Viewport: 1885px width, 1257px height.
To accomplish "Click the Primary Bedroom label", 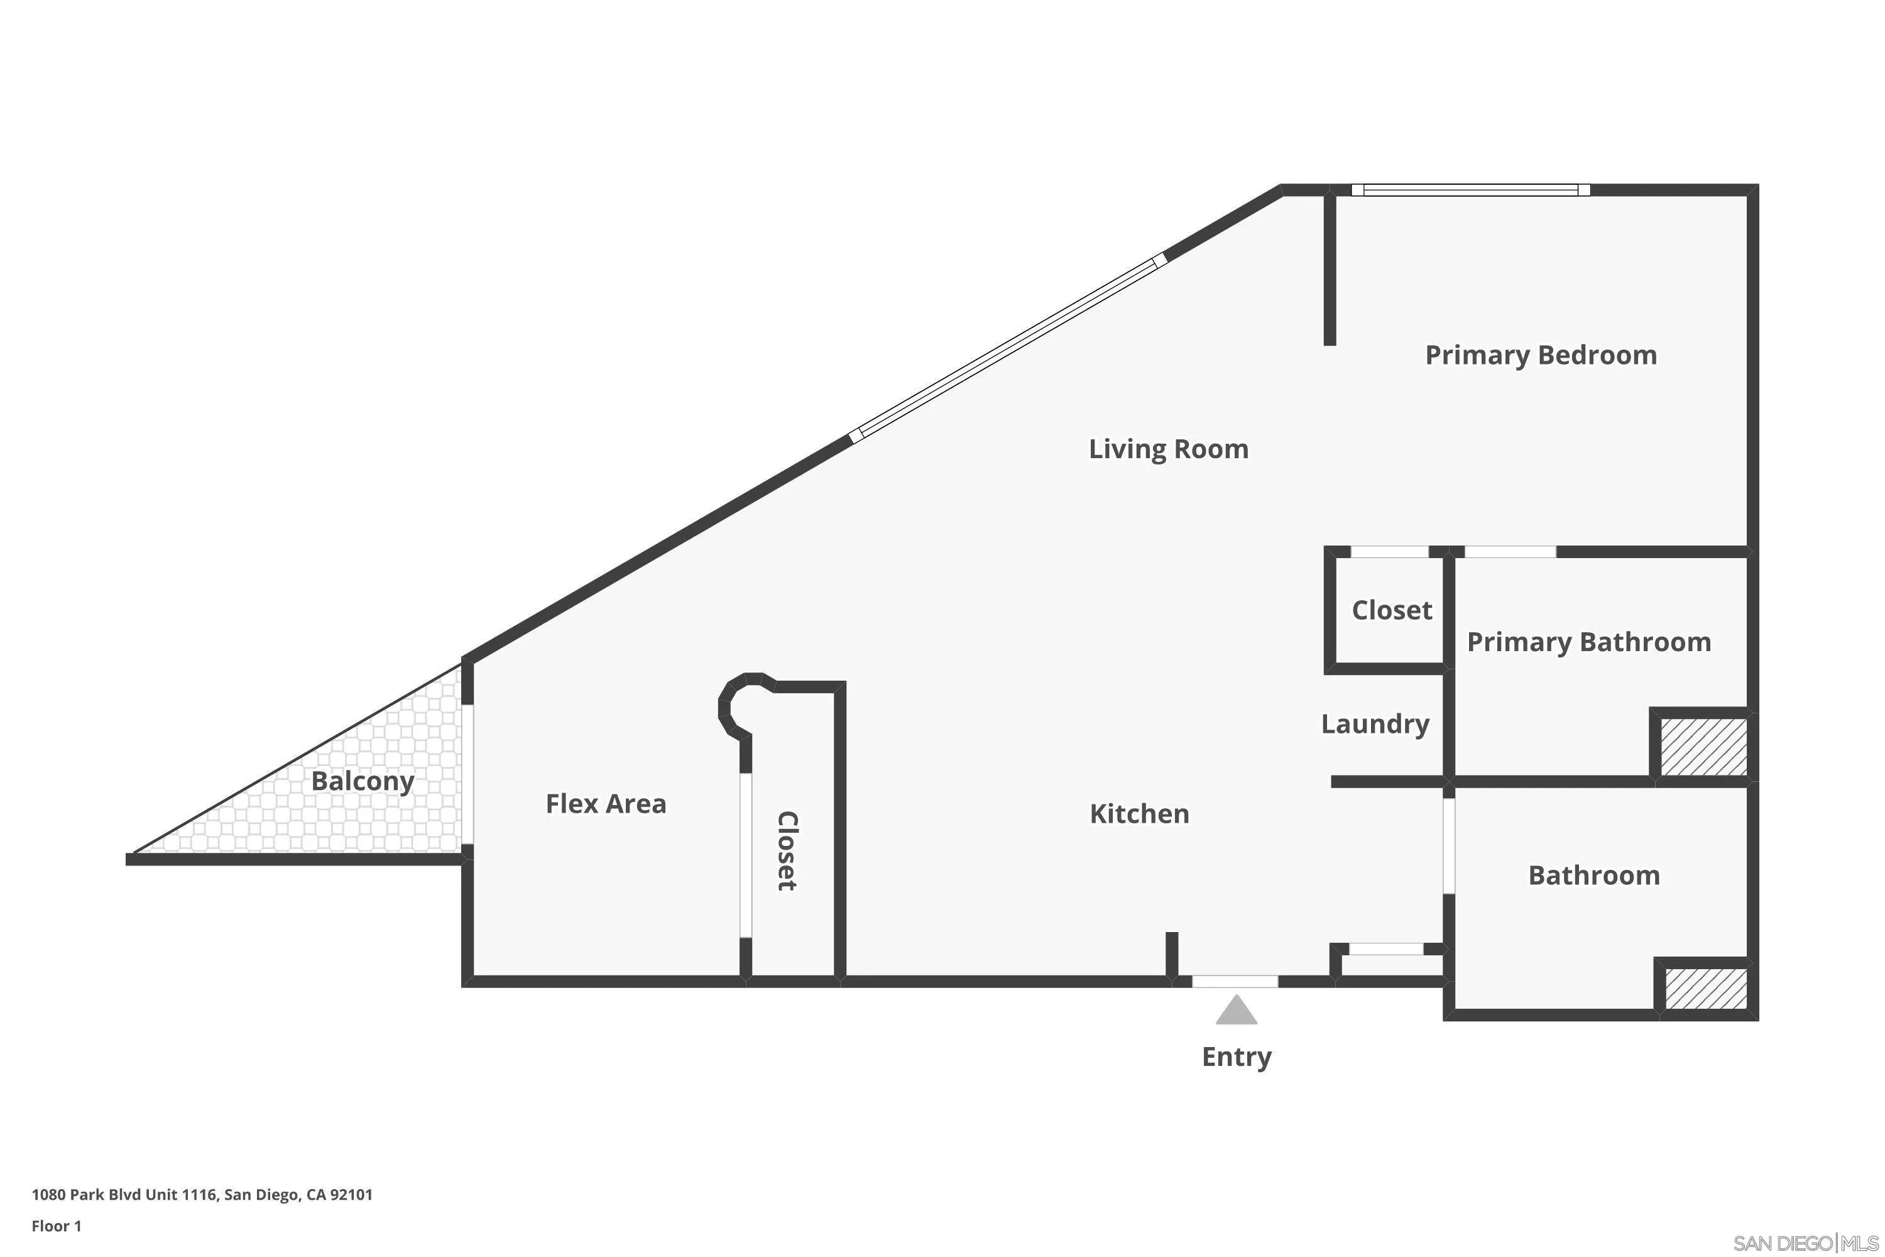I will click(1541, 355).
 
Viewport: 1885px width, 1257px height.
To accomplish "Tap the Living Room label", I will click(1167, 449).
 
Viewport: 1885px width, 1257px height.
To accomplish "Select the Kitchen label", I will click(1139, 814).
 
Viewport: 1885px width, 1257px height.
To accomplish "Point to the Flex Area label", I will click(605, 803).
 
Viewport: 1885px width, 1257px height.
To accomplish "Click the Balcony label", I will click(363, 781).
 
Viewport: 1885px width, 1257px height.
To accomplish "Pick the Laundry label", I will click(1375, 724).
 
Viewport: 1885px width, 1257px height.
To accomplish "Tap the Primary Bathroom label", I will click(1588, 642).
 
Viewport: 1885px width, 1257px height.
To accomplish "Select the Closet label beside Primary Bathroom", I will click(1391, 610).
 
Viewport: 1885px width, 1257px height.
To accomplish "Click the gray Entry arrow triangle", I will click(1236, 1011).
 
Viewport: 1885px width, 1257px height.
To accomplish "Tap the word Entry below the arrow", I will click(1236, 1057).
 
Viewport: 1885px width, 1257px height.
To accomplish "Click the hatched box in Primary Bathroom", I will click(1702, 747).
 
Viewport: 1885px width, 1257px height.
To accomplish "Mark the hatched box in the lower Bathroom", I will click(1705, 989).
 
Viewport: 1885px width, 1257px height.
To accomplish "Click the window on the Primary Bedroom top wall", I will click(1470, 190).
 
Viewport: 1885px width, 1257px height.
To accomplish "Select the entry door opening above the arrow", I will click(1234, 981).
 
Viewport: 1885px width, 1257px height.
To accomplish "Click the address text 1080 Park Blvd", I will click(202, 1195).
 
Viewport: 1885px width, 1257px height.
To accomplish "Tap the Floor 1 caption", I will click(56, 1226).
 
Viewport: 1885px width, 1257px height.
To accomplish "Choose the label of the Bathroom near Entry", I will click(1593, 876).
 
